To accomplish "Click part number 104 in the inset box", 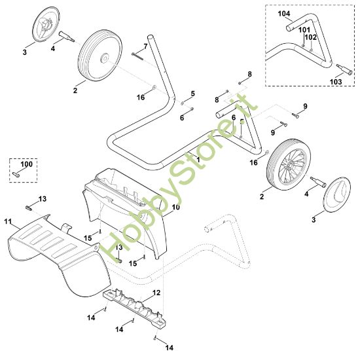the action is (x=284, y=14).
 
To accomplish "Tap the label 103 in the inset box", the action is (x=336, y=82).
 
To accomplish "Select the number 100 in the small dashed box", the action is (x=27, y=164).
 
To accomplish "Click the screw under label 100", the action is (x=16, y=175).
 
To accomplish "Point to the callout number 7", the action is (x=145, y=46).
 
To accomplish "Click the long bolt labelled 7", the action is (x=137, y=56).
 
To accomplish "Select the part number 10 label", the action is (x=176, y=207).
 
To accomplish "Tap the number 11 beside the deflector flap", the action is (x=8, y=221).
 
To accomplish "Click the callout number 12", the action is (x=156, y=293).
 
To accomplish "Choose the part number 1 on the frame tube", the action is (x=198, y=160).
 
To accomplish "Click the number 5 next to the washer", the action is (x=192, y=94).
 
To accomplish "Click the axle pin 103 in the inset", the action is (x=344, y=69).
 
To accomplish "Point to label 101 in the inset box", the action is (x=304, y=30).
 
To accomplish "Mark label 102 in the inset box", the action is (x=311, y=37).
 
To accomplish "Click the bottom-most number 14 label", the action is (x=170, y=348).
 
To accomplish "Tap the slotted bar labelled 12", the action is (x=134, y=307).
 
